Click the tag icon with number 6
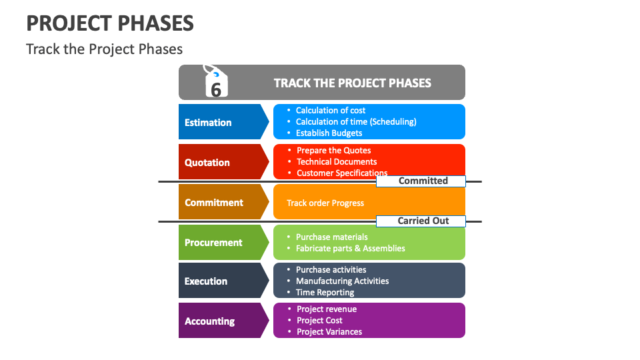coord(215,83)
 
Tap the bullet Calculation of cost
coord(331,111)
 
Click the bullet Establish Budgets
coord(329,133)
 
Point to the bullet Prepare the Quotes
coord(333,151)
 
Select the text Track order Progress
coord(325,203)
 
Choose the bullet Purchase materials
coord(331,237)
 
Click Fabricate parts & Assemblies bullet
coord(350,248)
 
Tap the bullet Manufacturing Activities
coord(342,281)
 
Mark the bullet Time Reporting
coord(325,293)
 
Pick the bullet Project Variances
coord(329,332)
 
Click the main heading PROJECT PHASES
coord(110,23)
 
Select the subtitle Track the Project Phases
coord(104,49)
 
